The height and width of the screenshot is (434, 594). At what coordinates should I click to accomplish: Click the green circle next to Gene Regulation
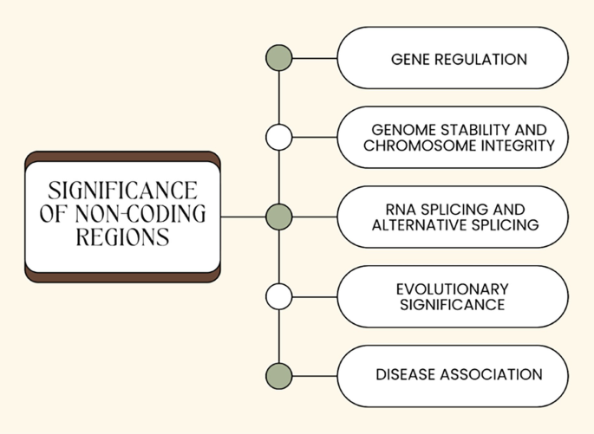coord(278,58)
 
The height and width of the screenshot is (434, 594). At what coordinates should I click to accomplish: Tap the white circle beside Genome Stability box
coord(278,137)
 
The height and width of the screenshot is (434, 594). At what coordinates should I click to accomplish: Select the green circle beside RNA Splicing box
coord(278,216)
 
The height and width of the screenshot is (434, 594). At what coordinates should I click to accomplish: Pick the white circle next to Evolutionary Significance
coord(278,296)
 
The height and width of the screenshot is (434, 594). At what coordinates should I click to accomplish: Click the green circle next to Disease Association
coord(278,376)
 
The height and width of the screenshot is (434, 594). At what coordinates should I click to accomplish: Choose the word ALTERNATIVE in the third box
coord(418,224)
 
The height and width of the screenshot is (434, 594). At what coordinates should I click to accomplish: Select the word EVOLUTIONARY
coord(452,288)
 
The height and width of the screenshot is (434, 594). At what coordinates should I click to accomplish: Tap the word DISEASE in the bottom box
coord(404,375)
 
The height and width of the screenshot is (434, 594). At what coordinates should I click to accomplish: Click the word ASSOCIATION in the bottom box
coord(490,375)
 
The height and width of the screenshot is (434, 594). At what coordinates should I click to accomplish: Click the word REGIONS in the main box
coord(122,237)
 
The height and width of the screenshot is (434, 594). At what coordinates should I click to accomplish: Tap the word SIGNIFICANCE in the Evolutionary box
coord(452,304)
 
